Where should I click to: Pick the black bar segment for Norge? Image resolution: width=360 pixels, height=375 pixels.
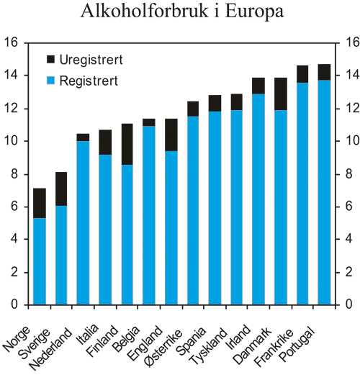40,203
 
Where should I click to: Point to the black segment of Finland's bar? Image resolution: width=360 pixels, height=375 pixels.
127,144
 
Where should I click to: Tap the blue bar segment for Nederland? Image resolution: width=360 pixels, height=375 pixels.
84,223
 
